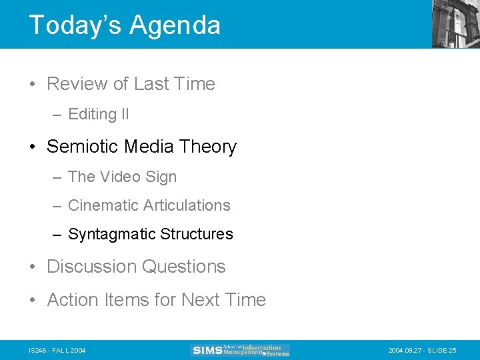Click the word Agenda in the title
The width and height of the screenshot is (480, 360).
click(175, 25)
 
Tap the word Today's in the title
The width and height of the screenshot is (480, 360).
click(75, 25)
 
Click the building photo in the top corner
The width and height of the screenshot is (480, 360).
click(455, 23)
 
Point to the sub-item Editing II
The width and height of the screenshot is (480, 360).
click(98, 115)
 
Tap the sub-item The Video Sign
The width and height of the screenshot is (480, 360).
click(122, 177)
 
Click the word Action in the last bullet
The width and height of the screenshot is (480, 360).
click(73, 300)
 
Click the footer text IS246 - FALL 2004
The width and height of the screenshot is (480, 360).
click(57, 350)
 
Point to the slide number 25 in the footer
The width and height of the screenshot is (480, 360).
click(453, 350)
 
